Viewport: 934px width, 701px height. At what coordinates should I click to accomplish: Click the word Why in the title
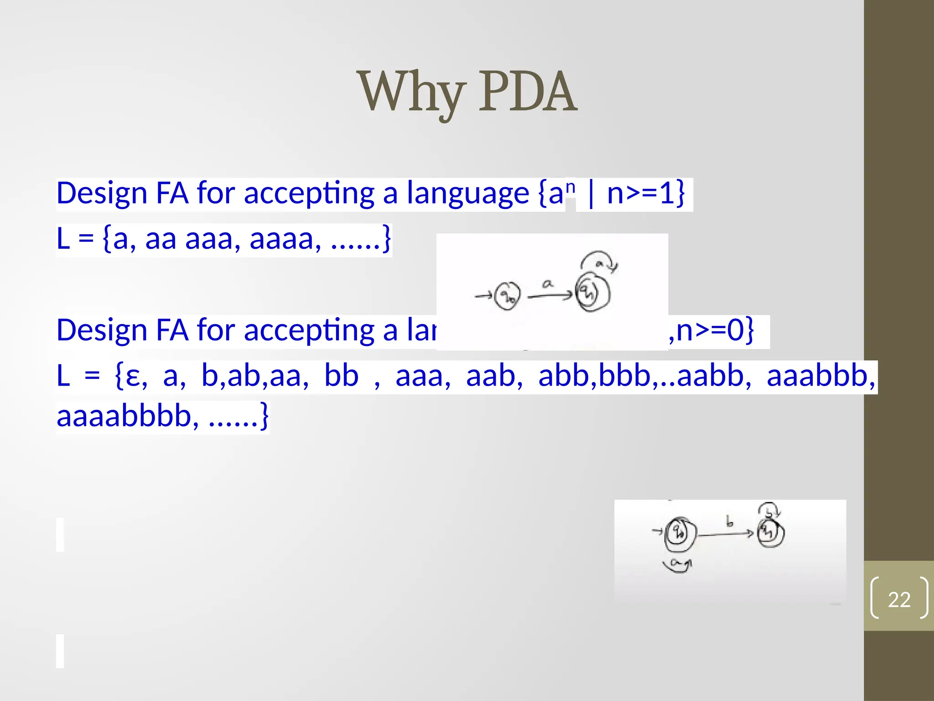412,93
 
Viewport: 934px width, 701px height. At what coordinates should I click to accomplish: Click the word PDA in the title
528,93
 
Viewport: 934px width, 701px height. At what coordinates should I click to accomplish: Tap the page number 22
899,599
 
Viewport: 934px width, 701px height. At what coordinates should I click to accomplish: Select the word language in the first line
467,194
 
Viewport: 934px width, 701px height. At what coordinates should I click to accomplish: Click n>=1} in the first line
646,194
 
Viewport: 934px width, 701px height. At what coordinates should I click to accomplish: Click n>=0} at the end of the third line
715,330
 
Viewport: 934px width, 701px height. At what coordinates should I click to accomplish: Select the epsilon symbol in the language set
132,377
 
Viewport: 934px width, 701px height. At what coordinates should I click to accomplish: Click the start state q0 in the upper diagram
507,296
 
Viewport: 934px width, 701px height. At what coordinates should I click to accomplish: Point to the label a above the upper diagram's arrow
548,284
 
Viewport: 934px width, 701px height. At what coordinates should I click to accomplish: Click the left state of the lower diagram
680,533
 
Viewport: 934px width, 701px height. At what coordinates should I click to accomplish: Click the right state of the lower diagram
770,532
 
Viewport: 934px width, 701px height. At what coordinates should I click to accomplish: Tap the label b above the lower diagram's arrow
729,521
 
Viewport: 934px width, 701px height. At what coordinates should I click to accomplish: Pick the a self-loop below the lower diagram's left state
677,565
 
